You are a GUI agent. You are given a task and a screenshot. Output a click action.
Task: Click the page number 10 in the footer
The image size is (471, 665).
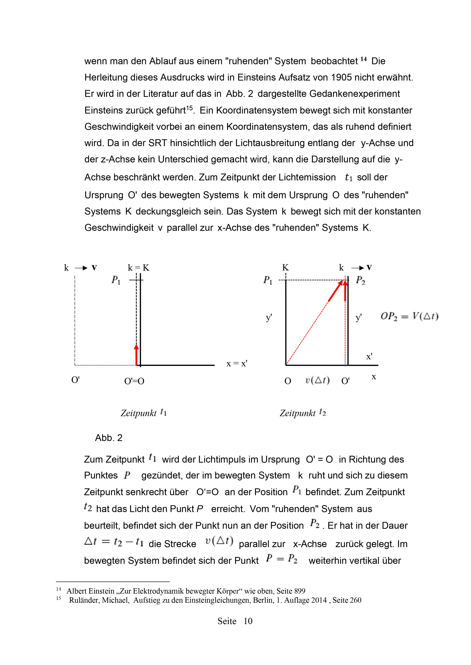tap(248, 621)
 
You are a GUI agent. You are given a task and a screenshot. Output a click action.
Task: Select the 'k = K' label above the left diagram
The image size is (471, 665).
tap(139, 268)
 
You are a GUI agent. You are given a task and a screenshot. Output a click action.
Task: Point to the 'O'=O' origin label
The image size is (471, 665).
tap(134, 381)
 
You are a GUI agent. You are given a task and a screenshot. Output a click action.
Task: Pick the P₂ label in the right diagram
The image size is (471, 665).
tap(361, 280)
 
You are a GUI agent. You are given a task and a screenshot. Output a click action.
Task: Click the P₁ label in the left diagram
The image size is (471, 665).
tap(116, 280)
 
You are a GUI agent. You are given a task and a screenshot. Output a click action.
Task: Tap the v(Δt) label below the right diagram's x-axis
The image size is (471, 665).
tap(317, 380)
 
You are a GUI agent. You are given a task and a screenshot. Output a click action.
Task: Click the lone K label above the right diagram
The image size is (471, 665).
tap(286, 268)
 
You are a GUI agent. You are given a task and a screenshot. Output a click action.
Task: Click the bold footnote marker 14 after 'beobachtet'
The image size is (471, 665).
tap(363, 59)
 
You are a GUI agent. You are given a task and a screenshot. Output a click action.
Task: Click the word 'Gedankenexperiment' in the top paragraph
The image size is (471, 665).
tap(354, 94)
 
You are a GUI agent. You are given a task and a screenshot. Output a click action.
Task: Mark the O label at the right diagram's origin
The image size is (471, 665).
tap(288, 381)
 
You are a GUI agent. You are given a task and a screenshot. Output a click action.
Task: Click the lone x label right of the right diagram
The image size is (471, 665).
tap(374, 377)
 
